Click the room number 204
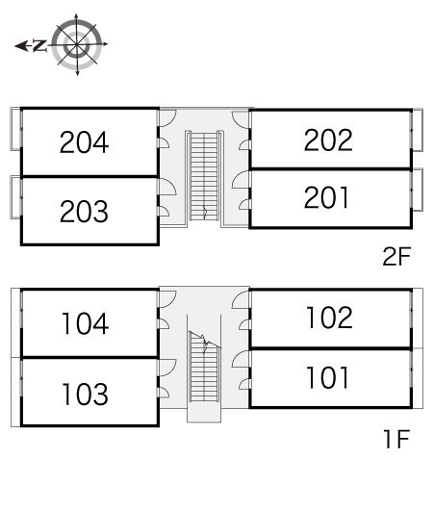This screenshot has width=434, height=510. pos(84,142)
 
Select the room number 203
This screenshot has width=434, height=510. pos(84,212)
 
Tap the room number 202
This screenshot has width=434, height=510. pos(328,140)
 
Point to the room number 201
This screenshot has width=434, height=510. pos(326,197)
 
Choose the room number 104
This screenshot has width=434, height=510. pos(86,323)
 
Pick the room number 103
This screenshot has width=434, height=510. pos(86,395)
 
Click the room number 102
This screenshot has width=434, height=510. pos(329,318)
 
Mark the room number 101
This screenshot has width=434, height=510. pos(327,377)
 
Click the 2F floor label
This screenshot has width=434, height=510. pos(396,256)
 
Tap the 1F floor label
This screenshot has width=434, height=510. pos(397,439)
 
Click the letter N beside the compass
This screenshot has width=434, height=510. pos(39,45)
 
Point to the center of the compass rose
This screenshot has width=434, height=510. pos(77,44)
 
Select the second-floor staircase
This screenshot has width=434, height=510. pos(204,176)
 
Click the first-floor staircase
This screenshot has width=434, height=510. pos(204,367)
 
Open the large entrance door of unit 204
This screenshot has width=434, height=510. pos(166,118)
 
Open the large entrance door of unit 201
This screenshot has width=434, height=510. pos(242,180)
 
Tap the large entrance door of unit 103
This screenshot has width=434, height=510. pos(166,368)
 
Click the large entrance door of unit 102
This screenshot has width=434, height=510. pos(242,299)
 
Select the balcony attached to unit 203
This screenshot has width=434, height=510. pos(15,196)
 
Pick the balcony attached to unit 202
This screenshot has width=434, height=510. pos(417,130)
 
